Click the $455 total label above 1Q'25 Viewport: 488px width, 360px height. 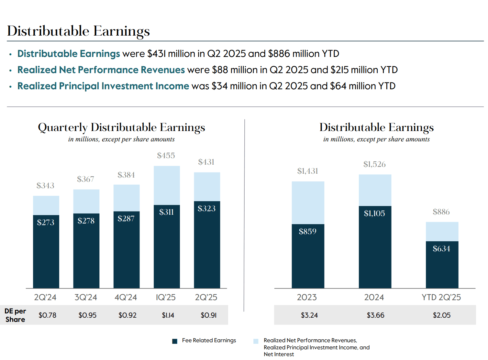tap(166, 156)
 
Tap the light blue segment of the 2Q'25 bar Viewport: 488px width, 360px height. tap(207, 187)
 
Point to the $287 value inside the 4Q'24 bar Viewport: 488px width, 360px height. tap(126, 219)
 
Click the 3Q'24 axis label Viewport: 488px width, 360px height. tap(85, 297)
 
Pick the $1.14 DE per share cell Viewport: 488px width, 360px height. tap(168, 315)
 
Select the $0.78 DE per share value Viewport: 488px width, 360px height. tap(47, 315)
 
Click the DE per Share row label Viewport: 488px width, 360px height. tap(15, 315)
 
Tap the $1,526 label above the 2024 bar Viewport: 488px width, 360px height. tap(374, 164)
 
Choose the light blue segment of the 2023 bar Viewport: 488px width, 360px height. tap(308, 202)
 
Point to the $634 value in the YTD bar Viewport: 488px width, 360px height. tap(441, 249)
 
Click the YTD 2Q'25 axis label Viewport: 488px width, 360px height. tap(441, 297)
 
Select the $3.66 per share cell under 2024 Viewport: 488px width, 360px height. tap(375, 315)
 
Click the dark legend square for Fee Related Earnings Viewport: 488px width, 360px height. tap(175, 341)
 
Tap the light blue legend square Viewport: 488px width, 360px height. tap(256, 341)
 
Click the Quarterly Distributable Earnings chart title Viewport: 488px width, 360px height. tap(121, 127)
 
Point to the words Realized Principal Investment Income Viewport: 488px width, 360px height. tap(103, 86)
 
